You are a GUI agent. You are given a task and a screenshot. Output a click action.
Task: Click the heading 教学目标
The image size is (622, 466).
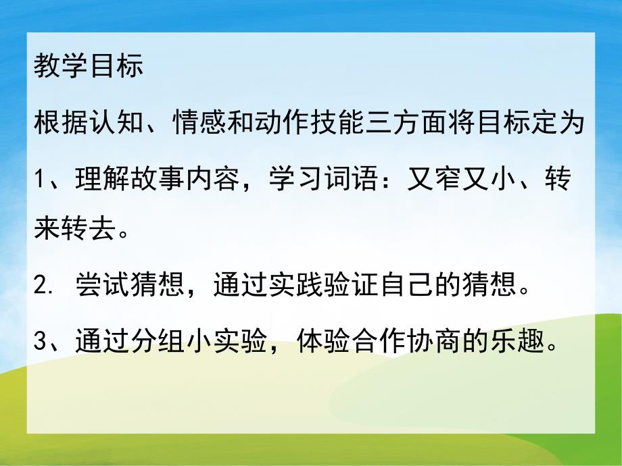click(88, 69)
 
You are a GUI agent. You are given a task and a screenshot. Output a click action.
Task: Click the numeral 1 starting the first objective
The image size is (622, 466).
click(39, 180)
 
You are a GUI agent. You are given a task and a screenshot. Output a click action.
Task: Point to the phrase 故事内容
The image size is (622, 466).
click(174, 180)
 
